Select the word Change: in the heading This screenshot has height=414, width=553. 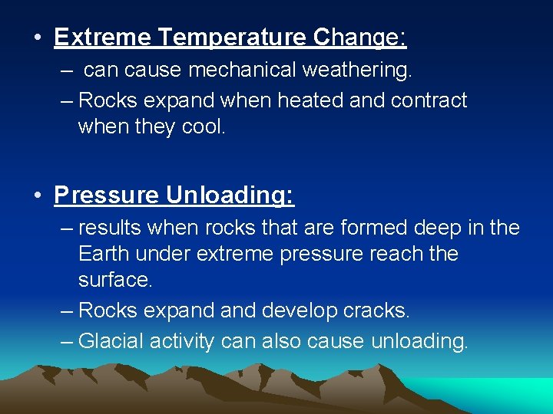pyautogui.click(x=360, y=37)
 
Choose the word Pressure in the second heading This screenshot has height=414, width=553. pyautogui.click(x=107, y=195)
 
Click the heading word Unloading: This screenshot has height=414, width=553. pyautogui.click(x=230, y=195)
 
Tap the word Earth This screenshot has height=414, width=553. pyautogui.click(x=104, y=254)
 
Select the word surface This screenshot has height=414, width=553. pyautogui.click(x=115, y=281)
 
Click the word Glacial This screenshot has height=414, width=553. pyautogui.click(x=111, y=340)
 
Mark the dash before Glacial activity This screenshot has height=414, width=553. pyautogui.click(x=67, y=340)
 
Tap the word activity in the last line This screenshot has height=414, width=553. pyautogui.click(x=182, y=340)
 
